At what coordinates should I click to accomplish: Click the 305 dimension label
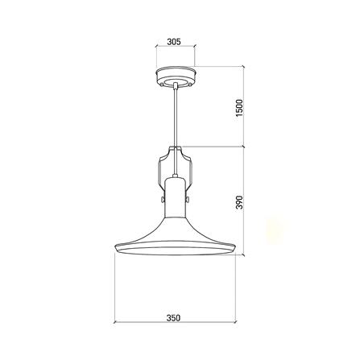174,42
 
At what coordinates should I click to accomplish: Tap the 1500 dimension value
239,108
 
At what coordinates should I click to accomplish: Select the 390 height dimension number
239,202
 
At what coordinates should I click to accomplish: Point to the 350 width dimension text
173,318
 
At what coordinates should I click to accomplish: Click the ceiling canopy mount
176,77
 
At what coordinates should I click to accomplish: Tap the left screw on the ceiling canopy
162,85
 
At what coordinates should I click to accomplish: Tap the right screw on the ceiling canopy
189,85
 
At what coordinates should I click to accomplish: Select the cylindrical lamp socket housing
175,197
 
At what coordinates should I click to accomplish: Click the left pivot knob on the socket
163,199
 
